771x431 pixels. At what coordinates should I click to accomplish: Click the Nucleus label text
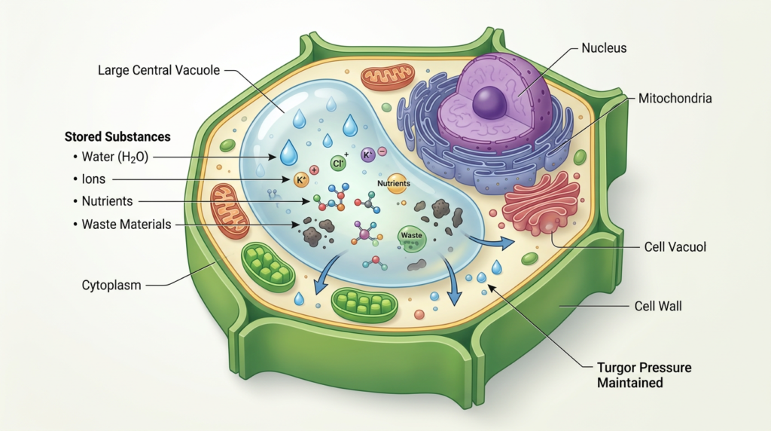click(604, 48)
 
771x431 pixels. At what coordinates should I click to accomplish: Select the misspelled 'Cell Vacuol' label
click(674, 246)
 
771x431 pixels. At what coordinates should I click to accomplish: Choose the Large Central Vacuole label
click(158, 71)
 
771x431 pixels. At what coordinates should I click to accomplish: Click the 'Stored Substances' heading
click(117, 137)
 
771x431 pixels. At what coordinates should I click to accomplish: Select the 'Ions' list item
click(96, 179)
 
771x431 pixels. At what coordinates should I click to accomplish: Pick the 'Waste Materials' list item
click(126, 224)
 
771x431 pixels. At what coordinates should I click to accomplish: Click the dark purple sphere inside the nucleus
click(489, 101)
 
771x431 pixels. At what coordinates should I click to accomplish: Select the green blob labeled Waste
click(412, 237)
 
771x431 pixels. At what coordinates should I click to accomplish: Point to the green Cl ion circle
click(340, 162)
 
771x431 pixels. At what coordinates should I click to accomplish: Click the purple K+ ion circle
click(369, 155)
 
